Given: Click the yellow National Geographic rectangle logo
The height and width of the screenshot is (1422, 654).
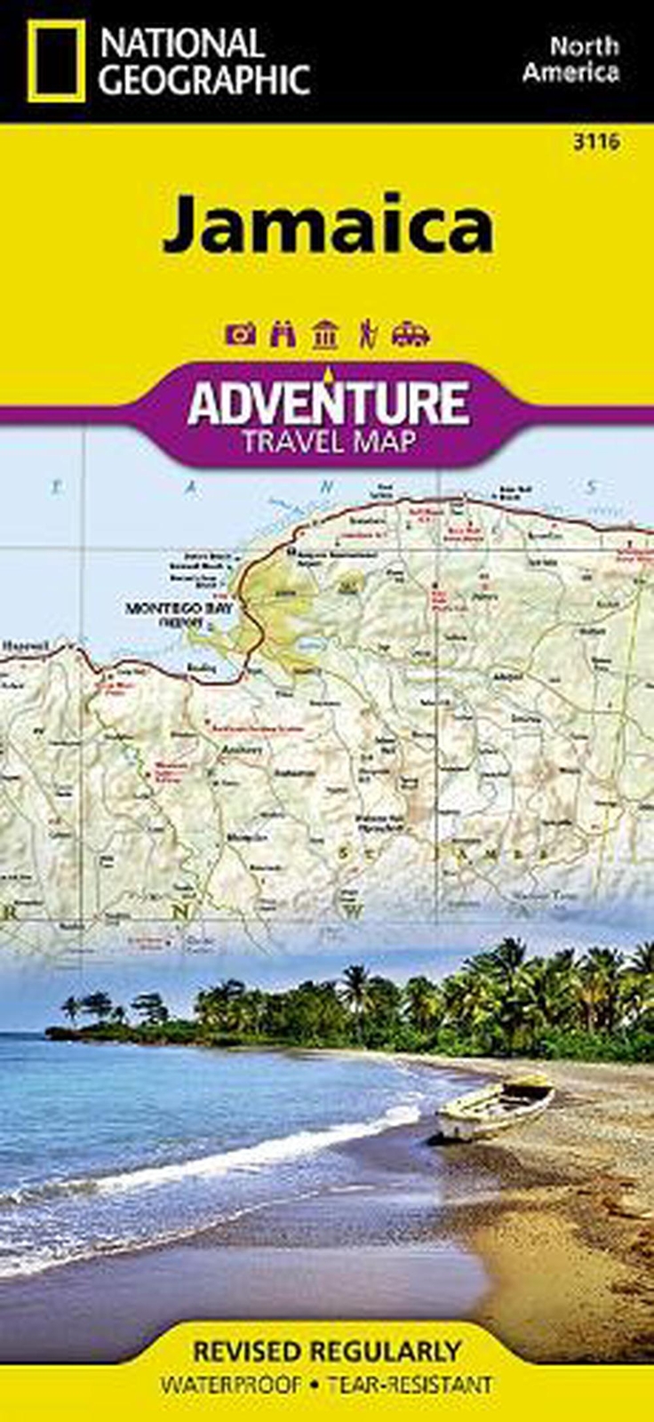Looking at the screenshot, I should click(56, 60).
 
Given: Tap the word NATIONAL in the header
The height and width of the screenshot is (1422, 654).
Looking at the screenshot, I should click(181, 44).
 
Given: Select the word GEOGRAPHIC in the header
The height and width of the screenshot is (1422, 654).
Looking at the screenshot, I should click(203, 79).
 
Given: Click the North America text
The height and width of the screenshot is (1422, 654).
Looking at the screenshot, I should click(570, 59).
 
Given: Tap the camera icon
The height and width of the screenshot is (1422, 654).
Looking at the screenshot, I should click(241, 335).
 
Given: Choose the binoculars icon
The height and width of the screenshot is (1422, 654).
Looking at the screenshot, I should click(283, 335).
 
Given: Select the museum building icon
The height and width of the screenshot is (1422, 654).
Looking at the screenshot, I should click(325, 335).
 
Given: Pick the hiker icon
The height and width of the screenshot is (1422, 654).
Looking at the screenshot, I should click(366, 335).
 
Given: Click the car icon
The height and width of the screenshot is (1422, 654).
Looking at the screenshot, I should click(410, 335).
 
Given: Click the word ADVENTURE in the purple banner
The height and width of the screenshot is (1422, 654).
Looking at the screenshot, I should click(327, 403).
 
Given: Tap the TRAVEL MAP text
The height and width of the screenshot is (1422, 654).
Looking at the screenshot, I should click(328, 441).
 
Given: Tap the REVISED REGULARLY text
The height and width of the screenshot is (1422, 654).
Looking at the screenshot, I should click(327, 1352).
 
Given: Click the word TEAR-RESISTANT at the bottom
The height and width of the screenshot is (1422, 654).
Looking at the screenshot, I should click(410, 1385).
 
